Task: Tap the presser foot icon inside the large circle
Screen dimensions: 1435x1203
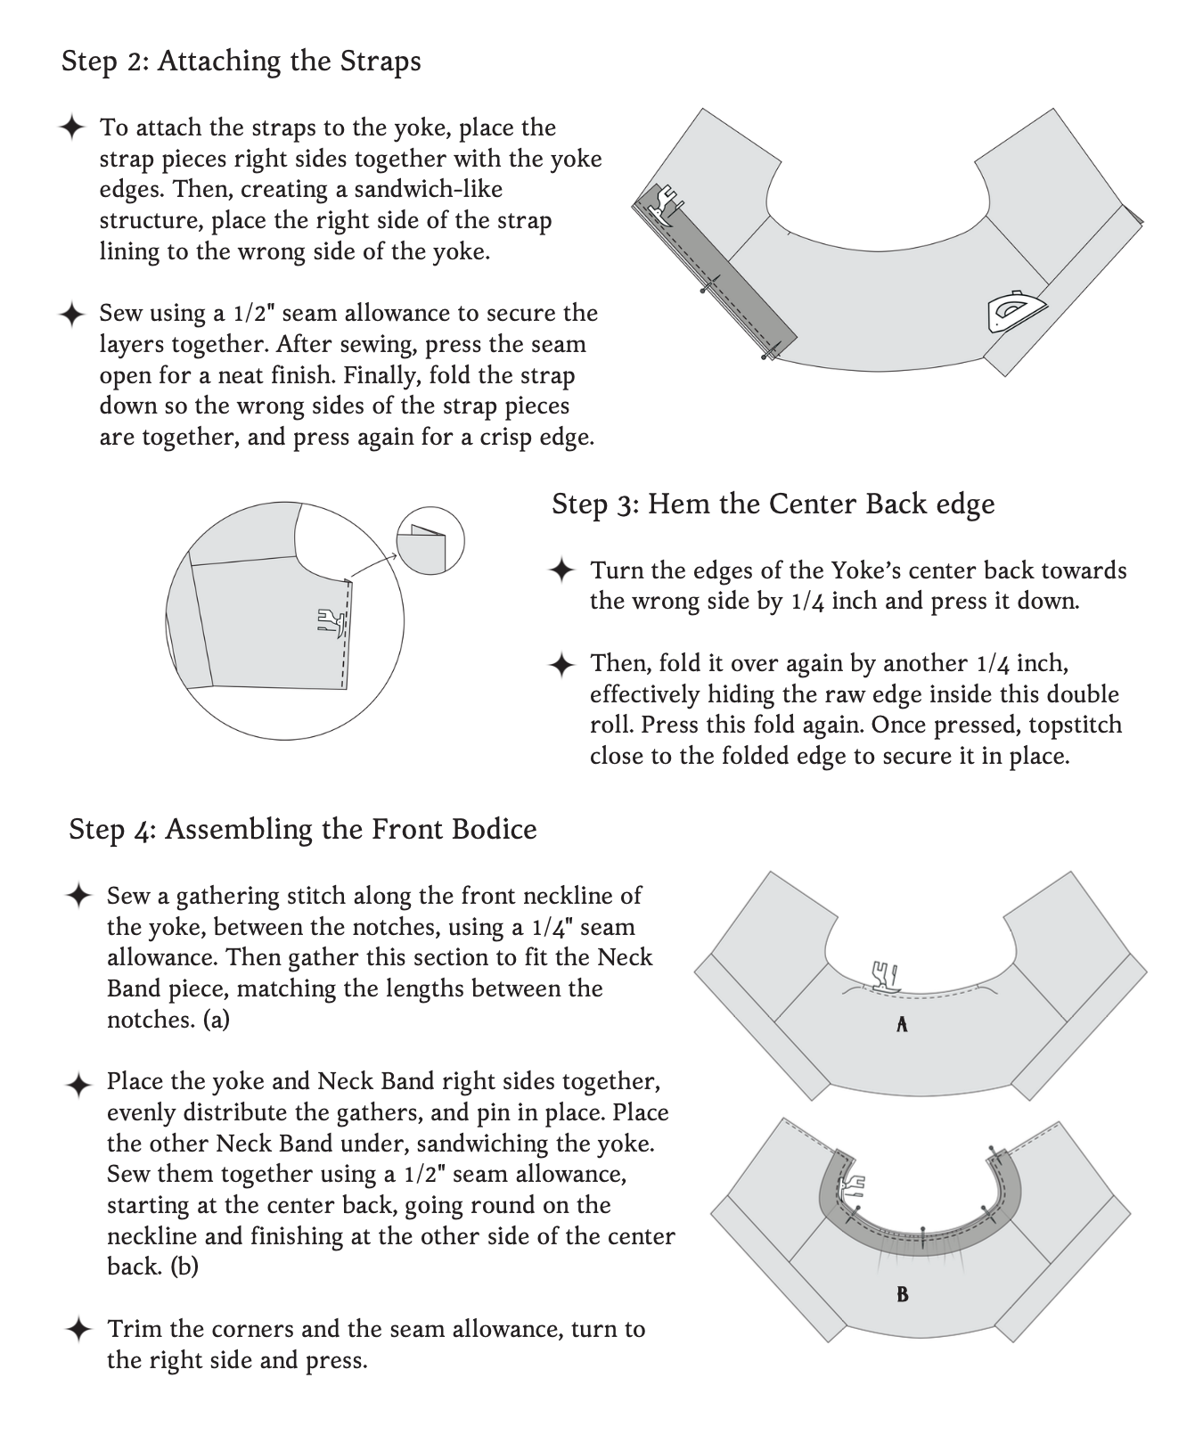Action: pos(330,621)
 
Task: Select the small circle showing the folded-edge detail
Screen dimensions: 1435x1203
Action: pos(430,542)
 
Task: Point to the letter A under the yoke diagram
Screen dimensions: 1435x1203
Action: pos(902,1025)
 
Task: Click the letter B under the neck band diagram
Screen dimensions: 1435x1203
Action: pos(902,1294)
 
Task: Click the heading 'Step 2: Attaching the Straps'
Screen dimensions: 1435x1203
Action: pos(241,61)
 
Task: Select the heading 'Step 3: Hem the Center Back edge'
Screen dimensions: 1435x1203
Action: pos(773,504)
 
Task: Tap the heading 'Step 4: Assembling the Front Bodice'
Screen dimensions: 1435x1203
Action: pos(302,829)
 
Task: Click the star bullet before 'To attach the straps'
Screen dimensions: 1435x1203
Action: pos(71,127)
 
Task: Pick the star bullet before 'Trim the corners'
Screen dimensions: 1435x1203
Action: pos(78,1330)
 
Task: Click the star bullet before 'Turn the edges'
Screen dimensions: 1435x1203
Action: pos(561,570)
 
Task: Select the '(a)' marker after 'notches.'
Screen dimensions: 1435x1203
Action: pos(216,1020)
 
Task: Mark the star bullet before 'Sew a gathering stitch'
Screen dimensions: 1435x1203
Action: pos(78,896)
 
